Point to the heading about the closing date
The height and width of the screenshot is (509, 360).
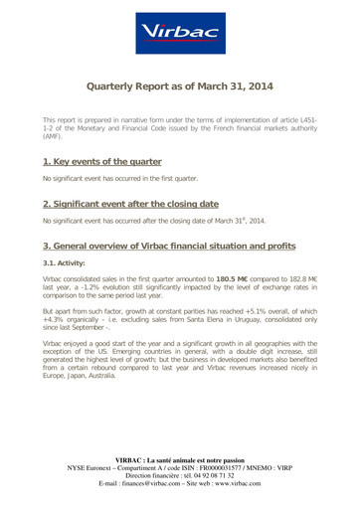tap(126, 201)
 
